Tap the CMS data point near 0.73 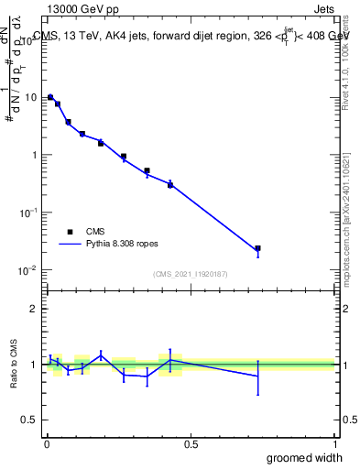pos(257,248)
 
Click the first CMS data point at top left pos(50,97)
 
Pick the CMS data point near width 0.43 pos(170,184)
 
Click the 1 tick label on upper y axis pos(35,155)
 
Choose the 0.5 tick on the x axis pos(191,445)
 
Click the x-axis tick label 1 pos(333,445)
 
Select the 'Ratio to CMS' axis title pos(14,365)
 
